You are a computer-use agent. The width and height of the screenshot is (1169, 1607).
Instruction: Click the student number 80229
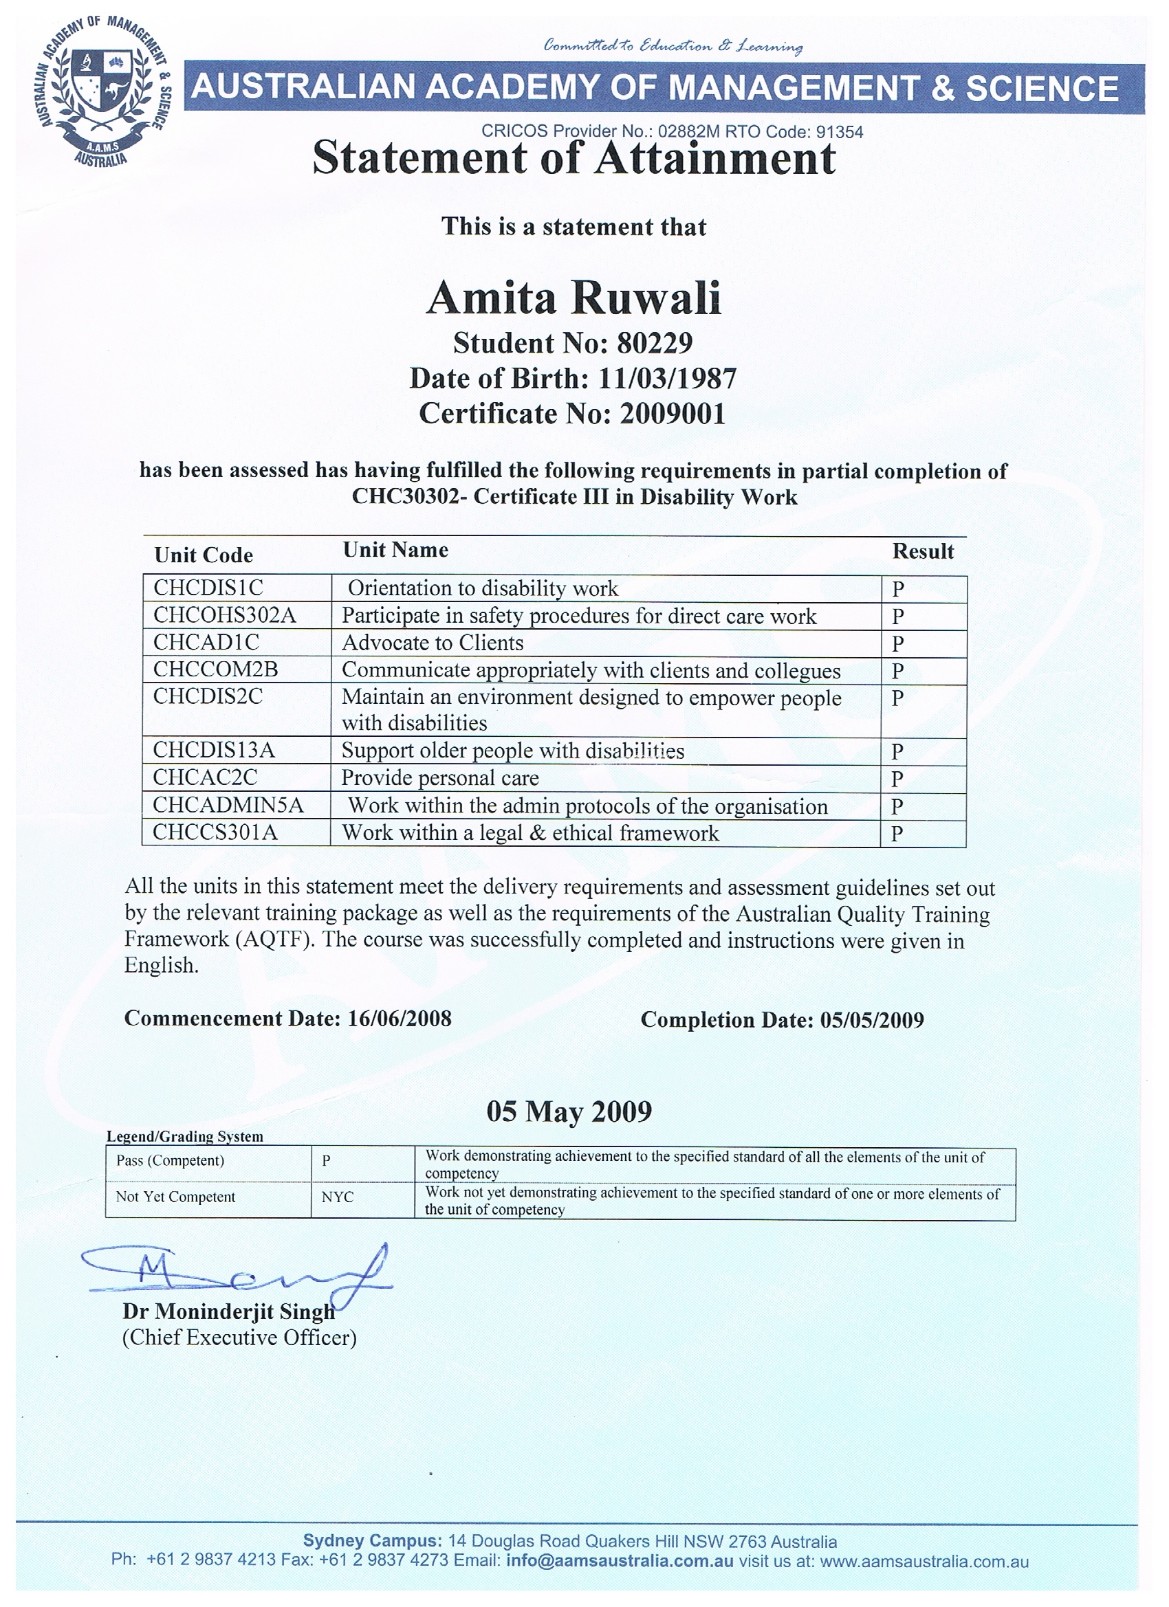[655, 343]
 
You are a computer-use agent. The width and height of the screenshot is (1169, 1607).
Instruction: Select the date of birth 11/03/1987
[667, 378]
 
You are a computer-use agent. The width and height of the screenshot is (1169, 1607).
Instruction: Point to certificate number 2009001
[673, 414]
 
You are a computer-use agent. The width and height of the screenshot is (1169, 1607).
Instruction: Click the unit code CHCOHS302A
[225, 615]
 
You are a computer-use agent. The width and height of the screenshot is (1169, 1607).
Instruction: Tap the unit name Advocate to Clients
[433, 643]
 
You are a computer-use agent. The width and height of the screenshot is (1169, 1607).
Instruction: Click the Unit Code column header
[204, 555]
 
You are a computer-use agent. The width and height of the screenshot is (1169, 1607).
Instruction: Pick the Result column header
[922, 551]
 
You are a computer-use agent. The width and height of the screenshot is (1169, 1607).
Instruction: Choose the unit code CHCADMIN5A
[228, 805]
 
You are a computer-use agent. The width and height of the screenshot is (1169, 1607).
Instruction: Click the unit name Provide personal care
[440, 778]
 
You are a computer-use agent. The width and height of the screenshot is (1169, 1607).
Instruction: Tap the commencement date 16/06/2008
[399, 1019]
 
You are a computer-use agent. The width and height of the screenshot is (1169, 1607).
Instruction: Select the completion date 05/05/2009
[872, 1020]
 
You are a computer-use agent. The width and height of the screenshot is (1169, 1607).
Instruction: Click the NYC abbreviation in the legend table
[337, 1197]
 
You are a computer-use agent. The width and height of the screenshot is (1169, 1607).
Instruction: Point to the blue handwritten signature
[234, 1274]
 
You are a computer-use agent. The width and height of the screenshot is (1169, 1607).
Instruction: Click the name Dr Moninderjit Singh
[228, 1311]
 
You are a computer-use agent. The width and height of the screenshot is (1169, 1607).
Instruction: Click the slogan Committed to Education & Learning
[673, 46]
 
